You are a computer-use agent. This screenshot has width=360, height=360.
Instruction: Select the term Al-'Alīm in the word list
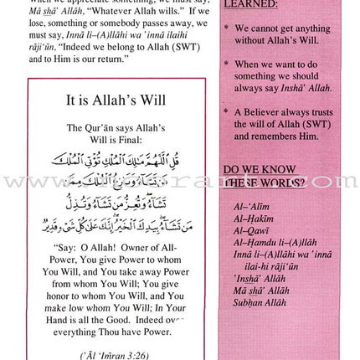251,205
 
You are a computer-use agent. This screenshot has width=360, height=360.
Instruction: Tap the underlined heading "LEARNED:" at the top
250,4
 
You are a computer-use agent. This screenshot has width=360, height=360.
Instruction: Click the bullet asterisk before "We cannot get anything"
226,28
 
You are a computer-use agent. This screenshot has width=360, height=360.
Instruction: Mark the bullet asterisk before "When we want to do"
226,64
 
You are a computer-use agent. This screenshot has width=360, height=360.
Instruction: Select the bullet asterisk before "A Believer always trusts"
226,111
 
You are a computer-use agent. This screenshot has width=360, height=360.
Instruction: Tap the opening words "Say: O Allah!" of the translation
88,248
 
